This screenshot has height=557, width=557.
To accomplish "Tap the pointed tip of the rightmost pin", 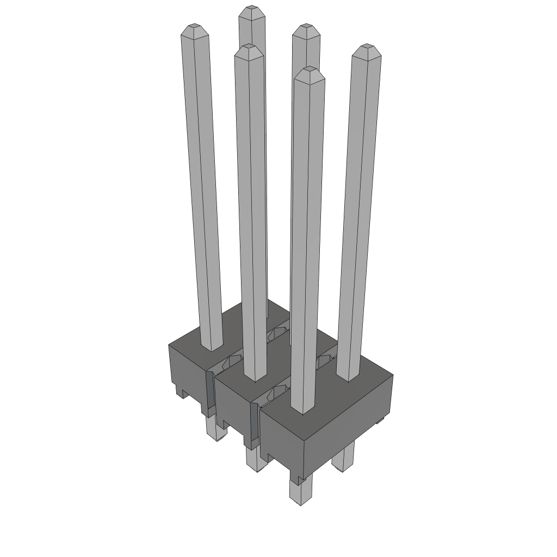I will coord(367,48).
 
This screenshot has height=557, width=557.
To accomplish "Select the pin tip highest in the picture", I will coord(251,9).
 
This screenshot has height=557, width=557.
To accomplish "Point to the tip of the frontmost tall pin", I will coord(309,70).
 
